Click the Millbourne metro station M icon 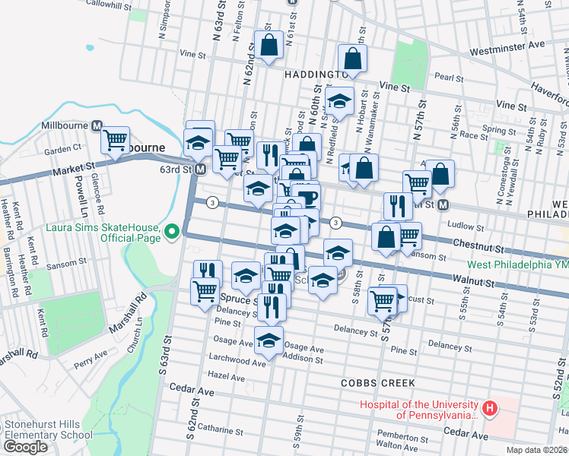(97, 125)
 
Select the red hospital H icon (490, 410)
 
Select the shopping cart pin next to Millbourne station (115, 140)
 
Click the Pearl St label (449, 78)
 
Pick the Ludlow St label (468, 226)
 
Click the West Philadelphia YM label (517, 264)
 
